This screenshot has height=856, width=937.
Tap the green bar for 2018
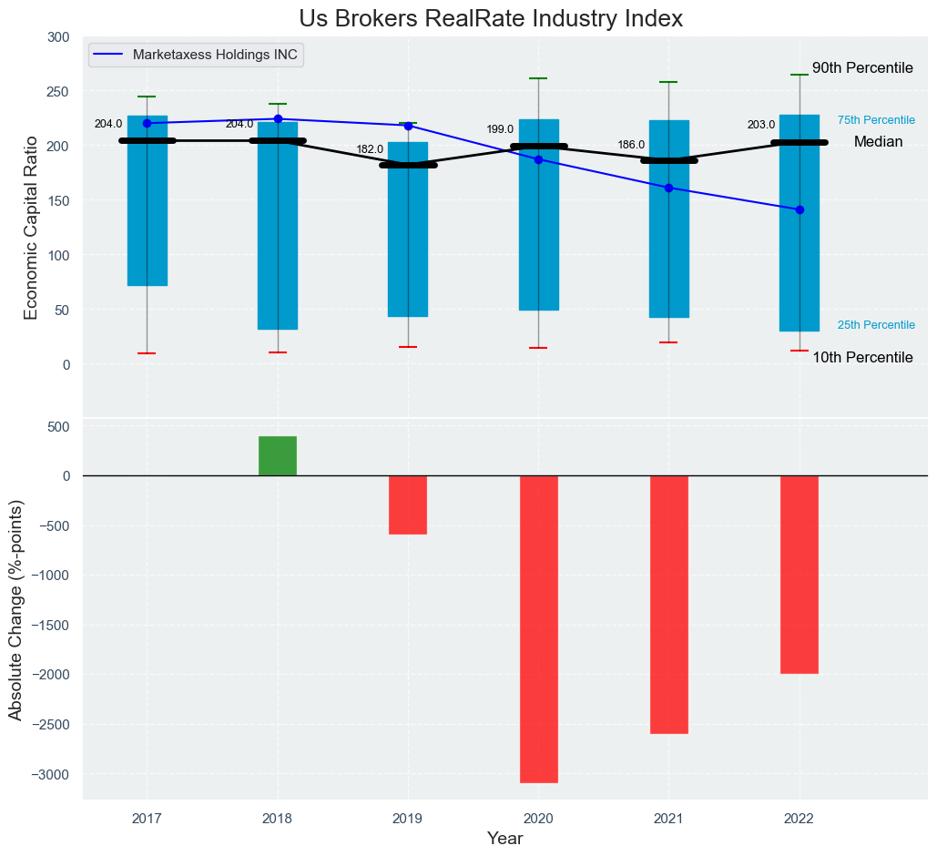pos(278,455)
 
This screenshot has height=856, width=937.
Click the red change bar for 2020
pos(538,628)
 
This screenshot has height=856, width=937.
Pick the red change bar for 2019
pos(408,504)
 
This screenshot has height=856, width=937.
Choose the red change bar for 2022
pos(800,574)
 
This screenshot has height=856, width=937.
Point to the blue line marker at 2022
pos(800,209)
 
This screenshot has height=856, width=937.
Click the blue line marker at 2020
pos(538,159)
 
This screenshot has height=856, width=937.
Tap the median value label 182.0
pos(370,149)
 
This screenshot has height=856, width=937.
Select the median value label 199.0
pos(500,129)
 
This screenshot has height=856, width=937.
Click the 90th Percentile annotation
pos(862,68)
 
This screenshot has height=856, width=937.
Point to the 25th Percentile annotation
pos(876,325)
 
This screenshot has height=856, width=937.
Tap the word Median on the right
pos(878,142)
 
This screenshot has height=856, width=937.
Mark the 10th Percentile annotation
pos(862,358)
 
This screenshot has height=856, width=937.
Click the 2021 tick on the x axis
pos(668,818)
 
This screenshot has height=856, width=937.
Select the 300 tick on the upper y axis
pos(58,37)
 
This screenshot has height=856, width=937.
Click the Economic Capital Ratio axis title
pos(31,228)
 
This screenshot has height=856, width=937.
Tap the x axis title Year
pos(504,839)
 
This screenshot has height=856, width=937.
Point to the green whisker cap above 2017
pos(147,97)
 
